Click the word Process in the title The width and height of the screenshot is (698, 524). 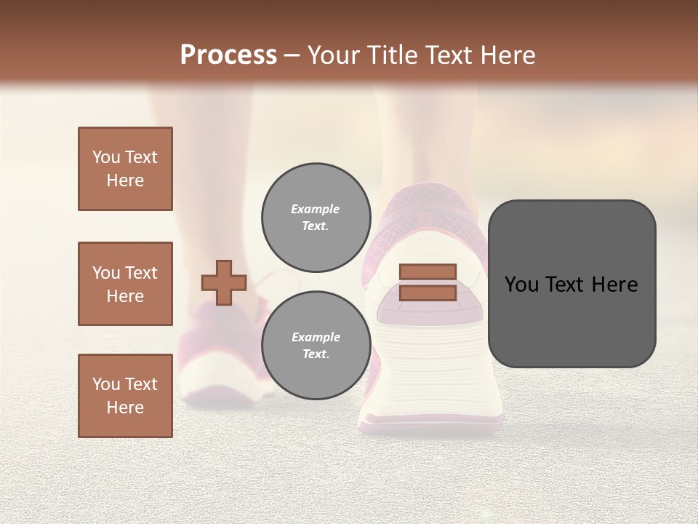coord(228,55)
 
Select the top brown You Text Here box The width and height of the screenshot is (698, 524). coord(125,169)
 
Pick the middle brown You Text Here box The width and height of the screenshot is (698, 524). coord(125,284)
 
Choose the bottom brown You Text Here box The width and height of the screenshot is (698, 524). coord(125,396)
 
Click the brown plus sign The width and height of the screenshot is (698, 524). coord(224,282)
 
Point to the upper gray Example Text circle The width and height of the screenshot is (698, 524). coord(316,217)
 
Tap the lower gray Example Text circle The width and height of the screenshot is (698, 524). coord(316,345)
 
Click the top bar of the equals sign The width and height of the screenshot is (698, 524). coord(428,272)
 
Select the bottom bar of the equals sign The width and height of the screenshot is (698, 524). coord(428,293)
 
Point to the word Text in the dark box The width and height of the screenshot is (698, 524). coord(566,285)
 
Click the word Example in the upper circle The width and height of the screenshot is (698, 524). coord(316,209)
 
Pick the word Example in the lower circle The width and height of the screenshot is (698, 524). coord(316,337)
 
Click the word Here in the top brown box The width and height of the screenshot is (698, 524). coord(125,180)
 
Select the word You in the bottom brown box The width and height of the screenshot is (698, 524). coord(105,384)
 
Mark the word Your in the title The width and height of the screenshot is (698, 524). coord(332,55)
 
